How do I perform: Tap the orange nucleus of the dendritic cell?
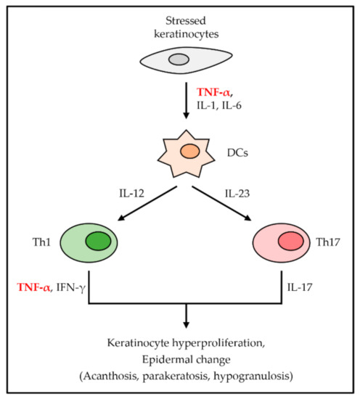point(189,153)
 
